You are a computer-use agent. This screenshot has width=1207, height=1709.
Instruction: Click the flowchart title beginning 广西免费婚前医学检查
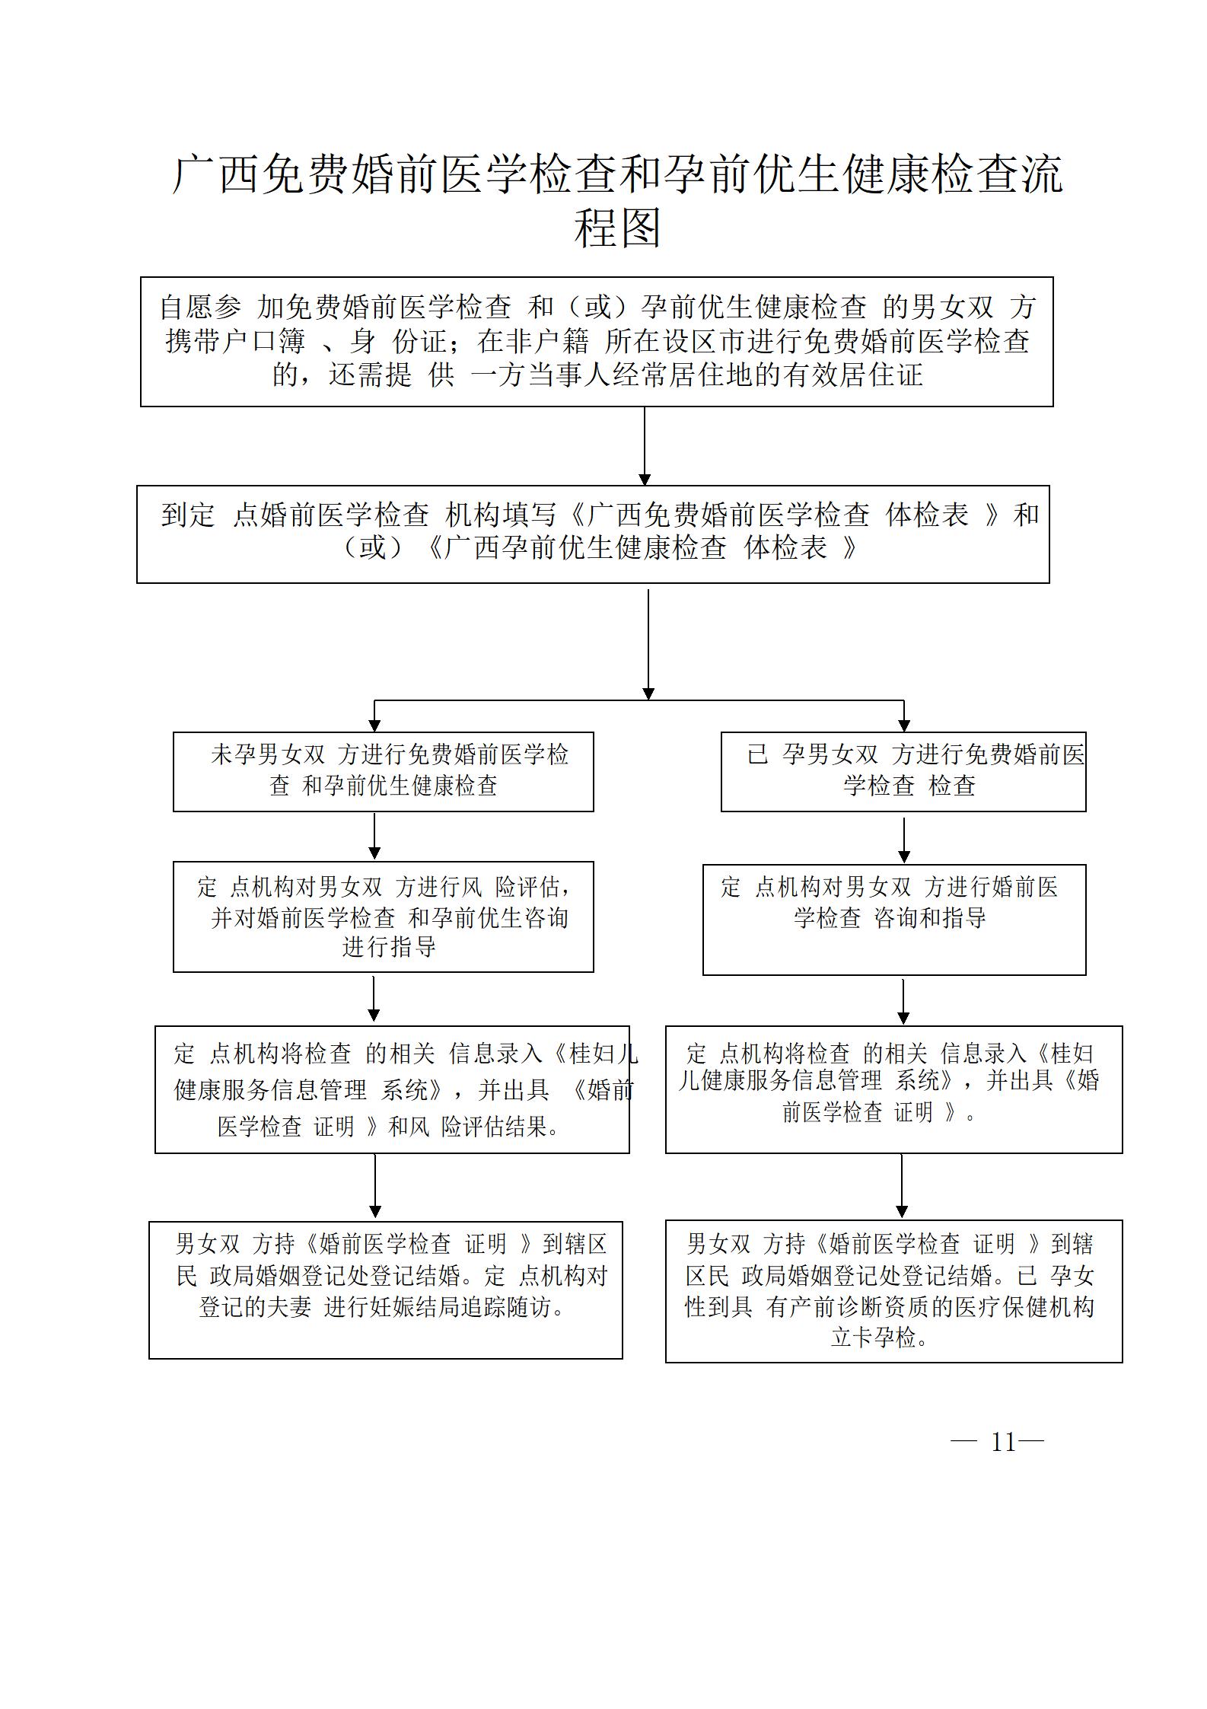617,201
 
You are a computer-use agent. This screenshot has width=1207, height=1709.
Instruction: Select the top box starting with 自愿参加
597,341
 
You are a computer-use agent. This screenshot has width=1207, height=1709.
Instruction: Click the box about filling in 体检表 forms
593,534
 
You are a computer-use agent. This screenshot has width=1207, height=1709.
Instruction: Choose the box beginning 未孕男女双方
383,772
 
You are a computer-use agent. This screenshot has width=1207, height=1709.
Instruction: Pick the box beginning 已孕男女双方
903,772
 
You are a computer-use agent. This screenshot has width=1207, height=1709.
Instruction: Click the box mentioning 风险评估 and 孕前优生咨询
383,917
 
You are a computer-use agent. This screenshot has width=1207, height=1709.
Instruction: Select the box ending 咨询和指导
894,920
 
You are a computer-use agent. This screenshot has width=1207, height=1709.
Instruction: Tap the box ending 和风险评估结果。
392,1089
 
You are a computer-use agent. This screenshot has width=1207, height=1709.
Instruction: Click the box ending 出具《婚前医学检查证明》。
893,1089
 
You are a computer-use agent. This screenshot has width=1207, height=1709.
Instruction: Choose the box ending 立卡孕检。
893,1291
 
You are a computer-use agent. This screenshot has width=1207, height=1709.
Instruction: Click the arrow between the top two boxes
645,446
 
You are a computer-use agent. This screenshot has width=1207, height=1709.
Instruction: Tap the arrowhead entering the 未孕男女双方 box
374,725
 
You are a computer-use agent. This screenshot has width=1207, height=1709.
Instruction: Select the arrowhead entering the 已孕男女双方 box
904,725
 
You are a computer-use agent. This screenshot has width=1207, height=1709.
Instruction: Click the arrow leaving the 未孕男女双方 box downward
374,837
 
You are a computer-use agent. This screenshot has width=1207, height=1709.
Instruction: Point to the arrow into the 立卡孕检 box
902,1187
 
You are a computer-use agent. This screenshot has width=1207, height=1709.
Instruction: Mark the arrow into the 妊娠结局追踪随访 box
375,1187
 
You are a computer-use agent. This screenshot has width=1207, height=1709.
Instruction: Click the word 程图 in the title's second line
617,228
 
